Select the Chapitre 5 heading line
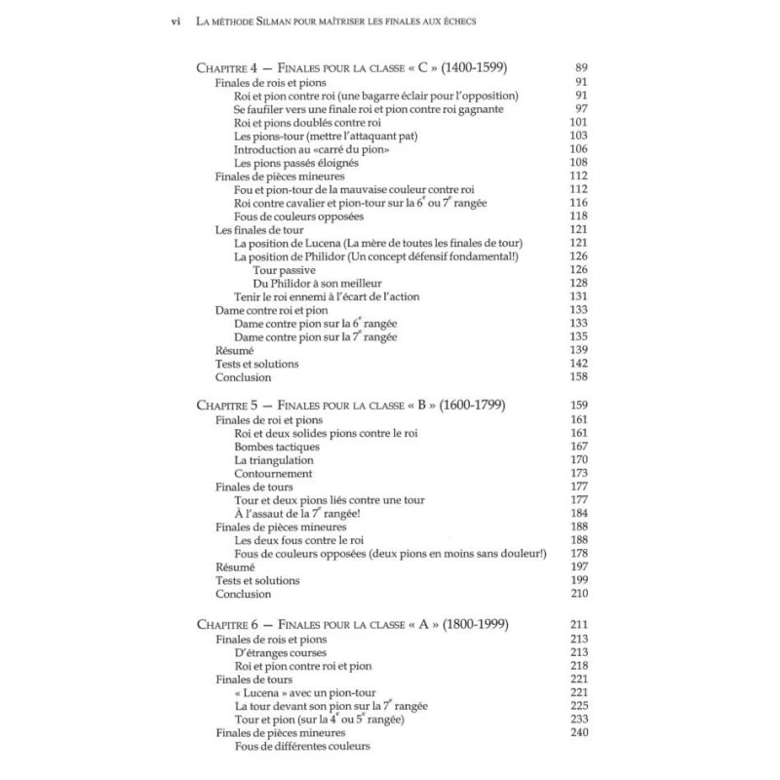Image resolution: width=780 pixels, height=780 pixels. point(350,405)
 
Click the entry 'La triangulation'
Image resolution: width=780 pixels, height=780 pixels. point(274,459)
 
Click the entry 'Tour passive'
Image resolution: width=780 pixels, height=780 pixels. point(284,269)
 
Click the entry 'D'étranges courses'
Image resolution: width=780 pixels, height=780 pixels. point(281,652)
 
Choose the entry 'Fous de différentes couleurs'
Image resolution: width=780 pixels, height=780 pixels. point(303,748)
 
